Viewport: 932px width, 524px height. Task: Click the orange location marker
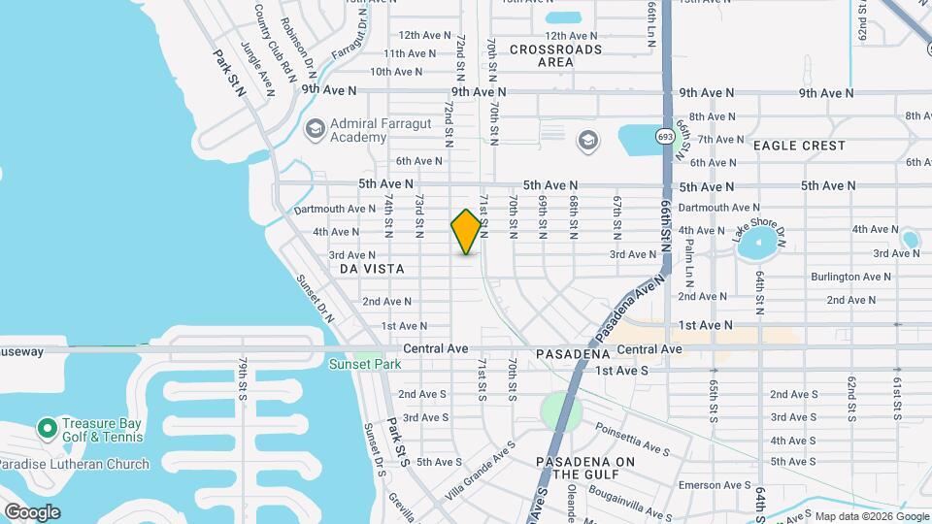pos(467,232)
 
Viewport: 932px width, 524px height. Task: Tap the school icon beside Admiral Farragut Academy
pos(314,128)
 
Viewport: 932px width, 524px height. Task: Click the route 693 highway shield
pos(664,137)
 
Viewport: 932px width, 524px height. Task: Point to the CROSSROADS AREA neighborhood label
pos(555,55)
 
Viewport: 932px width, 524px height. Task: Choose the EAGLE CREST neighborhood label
pos(799,146)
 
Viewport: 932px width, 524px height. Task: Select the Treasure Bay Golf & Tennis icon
pos(46,427)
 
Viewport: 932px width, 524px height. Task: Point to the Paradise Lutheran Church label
pos(75,464)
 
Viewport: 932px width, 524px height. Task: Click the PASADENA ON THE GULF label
pos(580,468)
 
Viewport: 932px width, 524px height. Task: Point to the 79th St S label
pos(243,377)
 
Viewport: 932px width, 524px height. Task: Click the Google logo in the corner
pos(32,511)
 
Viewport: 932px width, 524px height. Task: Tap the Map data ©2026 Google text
pos(870,516)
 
